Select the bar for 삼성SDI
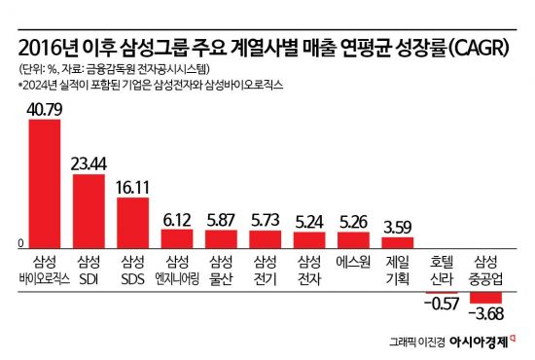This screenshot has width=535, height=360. tap(89, 210)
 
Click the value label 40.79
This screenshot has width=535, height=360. tap(46, 110)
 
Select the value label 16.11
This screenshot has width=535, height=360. tap(132, 187)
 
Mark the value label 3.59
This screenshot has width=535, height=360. tap(398, 227)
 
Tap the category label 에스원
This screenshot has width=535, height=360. tap(353, 261)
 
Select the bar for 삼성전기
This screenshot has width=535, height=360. tap(265, 238)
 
